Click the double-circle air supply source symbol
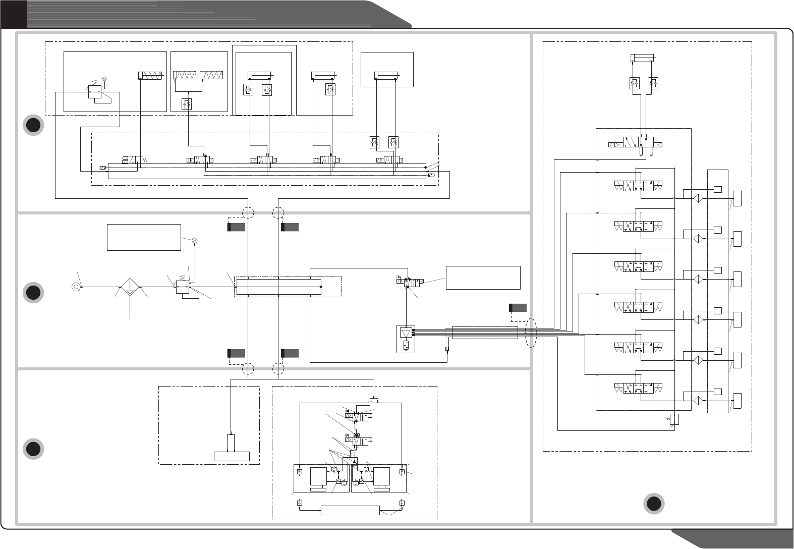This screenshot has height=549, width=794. [x=75, y=287]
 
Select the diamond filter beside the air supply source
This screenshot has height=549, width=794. [x=130, y=287]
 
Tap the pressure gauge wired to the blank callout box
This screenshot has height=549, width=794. [x=194, y=240]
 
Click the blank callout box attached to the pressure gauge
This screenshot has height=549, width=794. [x=144, y=237]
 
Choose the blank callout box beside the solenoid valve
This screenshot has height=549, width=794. [x=483, y=278]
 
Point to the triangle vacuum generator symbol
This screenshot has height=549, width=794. [x=406, y=334]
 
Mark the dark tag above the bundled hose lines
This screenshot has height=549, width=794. [x=518, y=307]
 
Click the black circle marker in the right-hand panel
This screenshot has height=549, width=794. [x=654, y=504]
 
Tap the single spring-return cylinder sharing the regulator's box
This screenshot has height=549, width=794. [x=150, y=76]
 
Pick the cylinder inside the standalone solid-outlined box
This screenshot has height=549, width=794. [x=386, y=76]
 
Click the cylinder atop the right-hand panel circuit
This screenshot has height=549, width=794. [x=642, y=58]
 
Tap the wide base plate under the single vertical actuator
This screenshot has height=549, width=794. [x=232, y=456]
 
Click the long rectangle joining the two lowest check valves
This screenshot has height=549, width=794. [x=350, y=510]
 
